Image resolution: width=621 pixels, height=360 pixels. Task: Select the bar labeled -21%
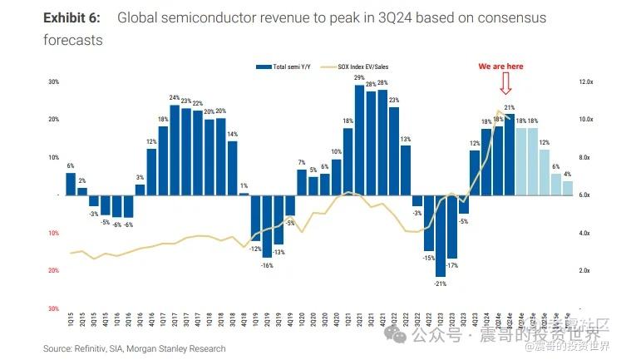click(441, 236)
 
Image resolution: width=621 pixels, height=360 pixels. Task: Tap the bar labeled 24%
click(175, 150)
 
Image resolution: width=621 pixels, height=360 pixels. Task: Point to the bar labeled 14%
click(233, 167)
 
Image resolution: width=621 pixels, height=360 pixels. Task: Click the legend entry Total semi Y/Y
click(286, 66)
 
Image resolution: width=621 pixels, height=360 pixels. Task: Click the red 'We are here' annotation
click(500, 66)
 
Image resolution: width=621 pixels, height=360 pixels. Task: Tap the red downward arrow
click(505, 85)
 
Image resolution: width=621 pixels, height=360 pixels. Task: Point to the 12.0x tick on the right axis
click(585, 82)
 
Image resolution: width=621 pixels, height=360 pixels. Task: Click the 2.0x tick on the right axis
click(585, 271)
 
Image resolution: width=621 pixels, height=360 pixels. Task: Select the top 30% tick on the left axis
click(53, 82)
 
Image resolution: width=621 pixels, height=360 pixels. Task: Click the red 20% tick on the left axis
click(53, 271)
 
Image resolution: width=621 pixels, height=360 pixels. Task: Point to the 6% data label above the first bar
click(71, 166)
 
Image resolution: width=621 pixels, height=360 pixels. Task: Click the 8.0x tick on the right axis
click(585, 157)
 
